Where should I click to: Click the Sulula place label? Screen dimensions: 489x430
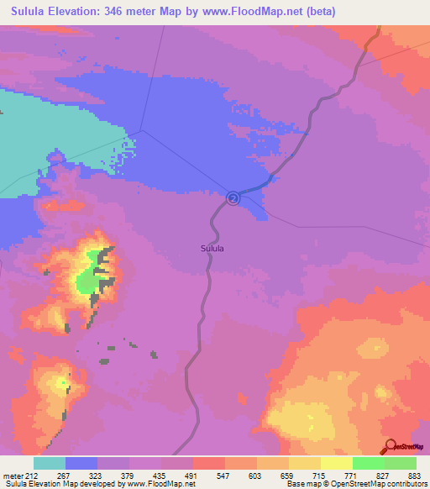(212, 248)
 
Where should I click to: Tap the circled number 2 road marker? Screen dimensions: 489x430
(233, 197)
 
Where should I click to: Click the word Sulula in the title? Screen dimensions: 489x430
(26, 12)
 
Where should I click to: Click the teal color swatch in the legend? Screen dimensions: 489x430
(50, 463)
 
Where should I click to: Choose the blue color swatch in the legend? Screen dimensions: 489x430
(81, 463)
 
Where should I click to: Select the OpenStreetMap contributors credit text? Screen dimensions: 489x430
(375, 484)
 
